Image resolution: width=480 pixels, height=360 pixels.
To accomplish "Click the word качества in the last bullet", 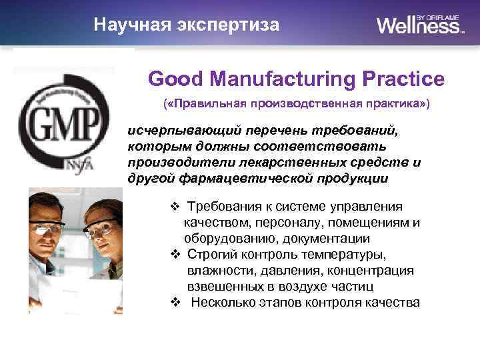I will [x=394, y=303].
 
